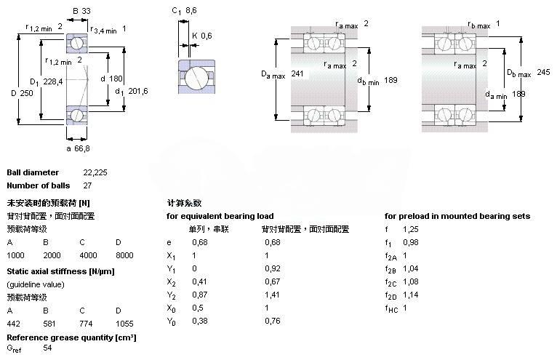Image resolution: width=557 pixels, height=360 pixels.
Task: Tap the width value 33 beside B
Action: click(87, 11)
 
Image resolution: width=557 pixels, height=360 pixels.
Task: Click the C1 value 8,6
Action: click(192, 11)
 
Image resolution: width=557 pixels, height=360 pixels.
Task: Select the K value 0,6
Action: click(207, 35)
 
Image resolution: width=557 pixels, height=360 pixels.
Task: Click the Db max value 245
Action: click(544, 71)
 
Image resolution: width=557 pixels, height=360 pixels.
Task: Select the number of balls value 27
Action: click(88, 186)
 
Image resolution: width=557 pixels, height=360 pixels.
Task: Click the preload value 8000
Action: click(124, 255)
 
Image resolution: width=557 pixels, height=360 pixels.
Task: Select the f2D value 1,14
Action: click(411, 295)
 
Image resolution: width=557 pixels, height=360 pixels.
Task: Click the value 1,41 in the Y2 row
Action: click(272, 295)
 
